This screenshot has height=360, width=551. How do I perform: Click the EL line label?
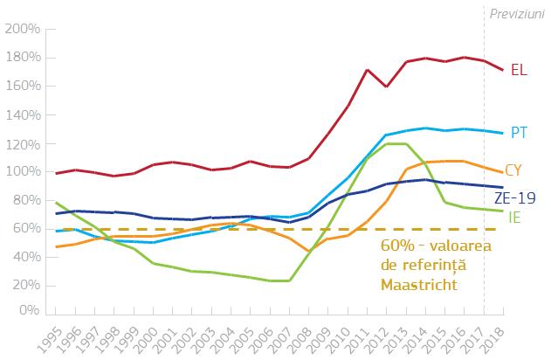[x=518, y=71]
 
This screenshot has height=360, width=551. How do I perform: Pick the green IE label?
[x=515, y=216]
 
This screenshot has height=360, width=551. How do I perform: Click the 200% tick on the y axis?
[x=22, y=29]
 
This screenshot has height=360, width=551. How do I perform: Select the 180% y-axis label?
[x=22, y=58]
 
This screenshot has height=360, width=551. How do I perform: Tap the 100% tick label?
[x=22, y=172]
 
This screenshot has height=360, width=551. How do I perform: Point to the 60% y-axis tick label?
[x=24, y=229]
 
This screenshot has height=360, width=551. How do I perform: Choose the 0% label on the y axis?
[x=28, y=309]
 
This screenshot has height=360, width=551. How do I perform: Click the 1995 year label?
[x=55, y=335]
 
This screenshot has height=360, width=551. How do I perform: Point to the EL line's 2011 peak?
[x=368, y=70]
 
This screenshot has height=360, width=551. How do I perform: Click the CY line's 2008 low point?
[x=308, y=252]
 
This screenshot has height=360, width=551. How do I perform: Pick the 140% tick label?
[x=22, y=114]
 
